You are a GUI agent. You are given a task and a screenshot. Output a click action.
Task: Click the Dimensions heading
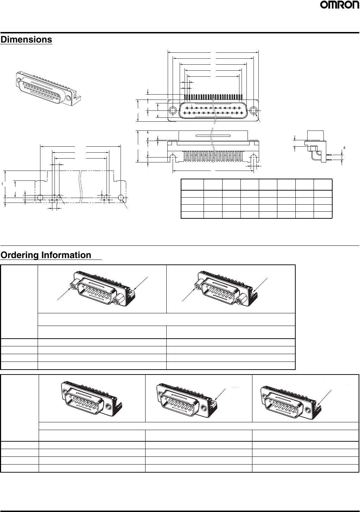(x=26, y=40)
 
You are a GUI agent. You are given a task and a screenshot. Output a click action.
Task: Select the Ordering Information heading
(x=46, y=255)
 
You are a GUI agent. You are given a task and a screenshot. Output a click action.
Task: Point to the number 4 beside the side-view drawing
(x=345, y=147)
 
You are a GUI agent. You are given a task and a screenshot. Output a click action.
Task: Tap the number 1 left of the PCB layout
(x=2, y=184)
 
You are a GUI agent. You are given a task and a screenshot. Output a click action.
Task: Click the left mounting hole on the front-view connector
(x=173, y=110)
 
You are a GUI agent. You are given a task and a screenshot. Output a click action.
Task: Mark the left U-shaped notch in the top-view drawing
(x=173, y=157)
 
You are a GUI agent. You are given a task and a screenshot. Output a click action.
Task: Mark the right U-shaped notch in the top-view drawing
(x=254, y=157)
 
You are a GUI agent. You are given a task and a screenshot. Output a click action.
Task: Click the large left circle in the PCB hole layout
(x=40, y=198)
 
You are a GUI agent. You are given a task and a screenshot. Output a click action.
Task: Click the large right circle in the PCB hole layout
(x=121, y=198)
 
